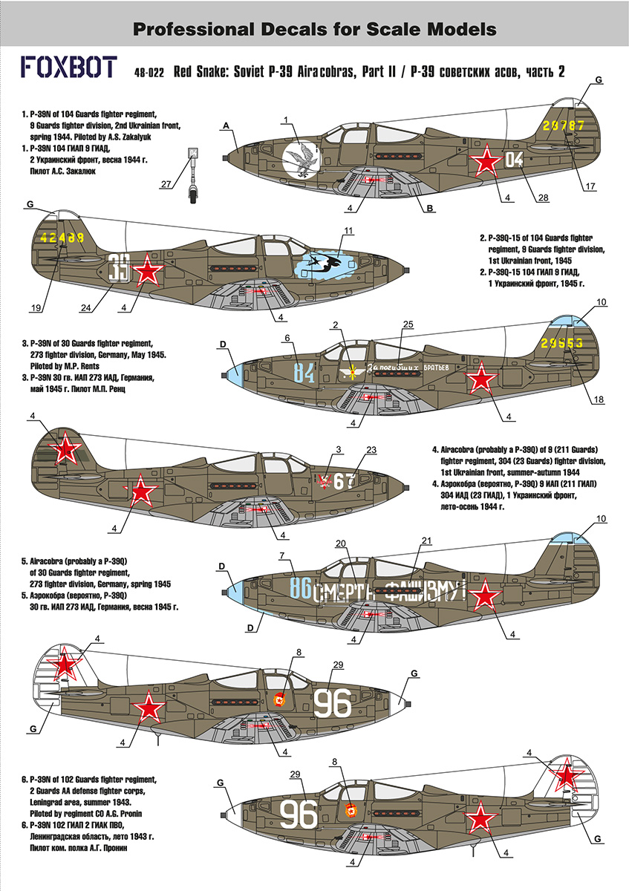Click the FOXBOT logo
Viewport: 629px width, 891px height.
click(x=66, y=69)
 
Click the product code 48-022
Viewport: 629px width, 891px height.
click(x=149, y=73)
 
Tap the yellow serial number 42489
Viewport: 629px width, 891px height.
click(x=64, y=238)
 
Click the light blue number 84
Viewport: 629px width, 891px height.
click(x=304, y=372)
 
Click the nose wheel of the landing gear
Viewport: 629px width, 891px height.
click(x=193, y=198)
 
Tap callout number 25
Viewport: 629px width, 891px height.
click(x=406, y=324)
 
